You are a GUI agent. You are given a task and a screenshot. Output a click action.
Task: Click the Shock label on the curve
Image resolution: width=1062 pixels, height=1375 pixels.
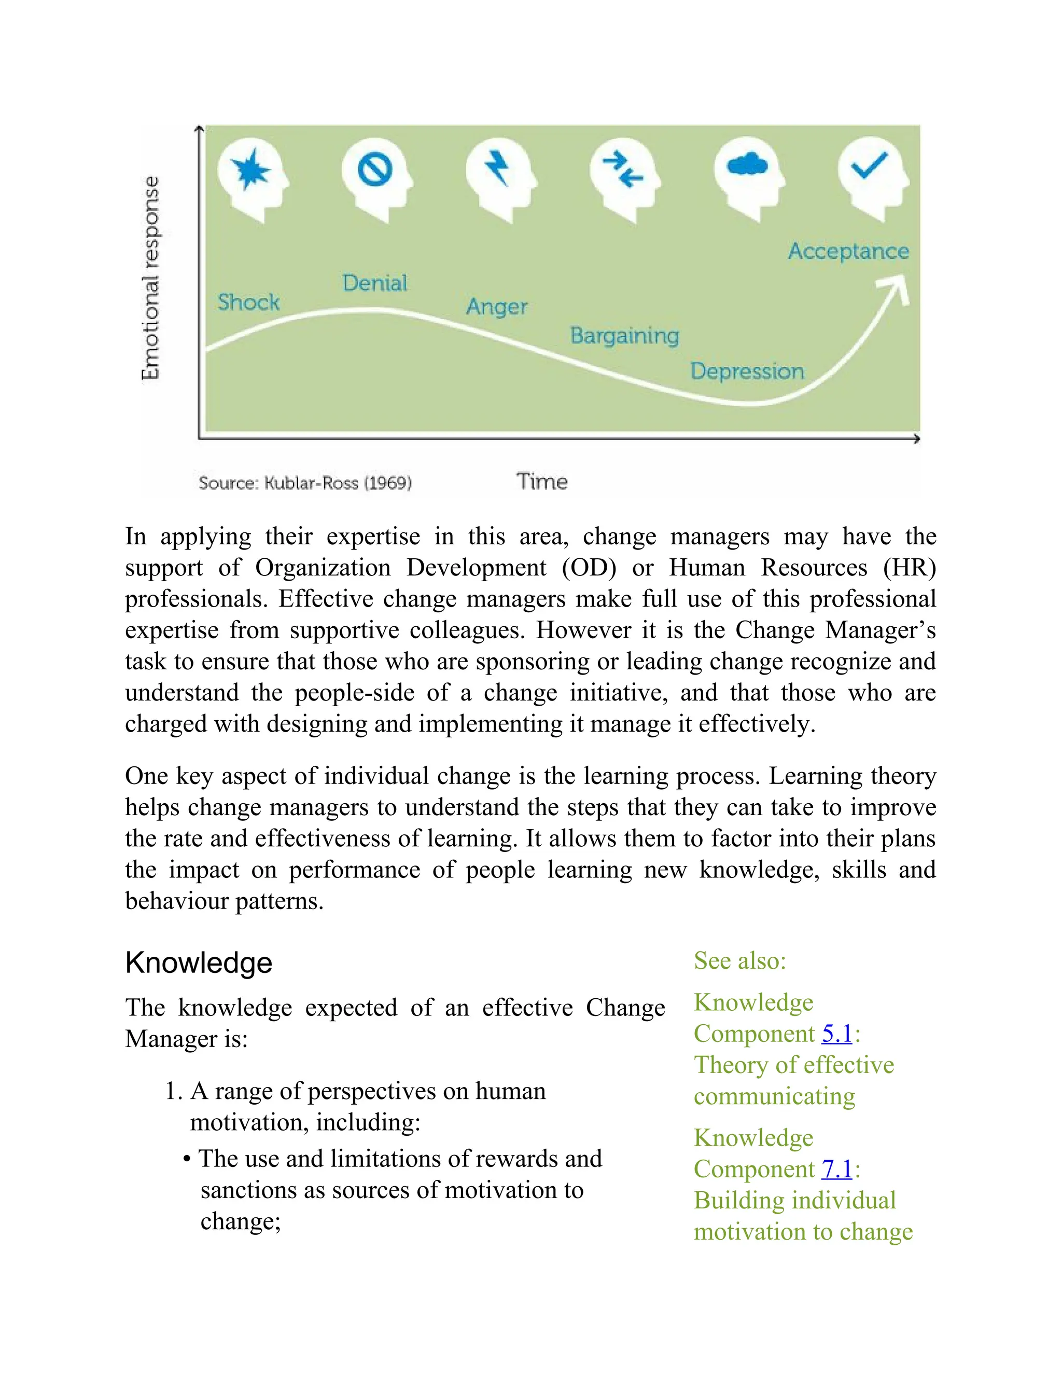tap(248, 302)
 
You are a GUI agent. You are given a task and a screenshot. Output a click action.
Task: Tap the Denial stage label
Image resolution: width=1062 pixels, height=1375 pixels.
tap(374, 283)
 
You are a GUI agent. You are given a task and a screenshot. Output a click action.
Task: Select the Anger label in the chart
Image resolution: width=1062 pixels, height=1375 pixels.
tap(496, 307)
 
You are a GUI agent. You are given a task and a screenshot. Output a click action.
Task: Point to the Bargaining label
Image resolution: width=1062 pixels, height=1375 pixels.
tap(624, 336)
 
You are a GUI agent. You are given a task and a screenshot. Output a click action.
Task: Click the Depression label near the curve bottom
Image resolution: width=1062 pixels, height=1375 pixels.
tap(747, 371)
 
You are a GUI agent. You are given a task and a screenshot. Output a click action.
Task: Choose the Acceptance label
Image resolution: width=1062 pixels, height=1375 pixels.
tap(848, 251)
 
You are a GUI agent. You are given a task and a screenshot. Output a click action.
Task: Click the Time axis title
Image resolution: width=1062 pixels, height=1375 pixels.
tap(542, 482)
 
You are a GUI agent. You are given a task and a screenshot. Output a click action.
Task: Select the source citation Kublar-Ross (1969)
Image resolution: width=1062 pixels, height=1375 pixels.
tap(305, 483)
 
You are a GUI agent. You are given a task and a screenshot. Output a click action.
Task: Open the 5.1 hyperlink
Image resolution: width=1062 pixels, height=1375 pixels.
tap(836, 1033)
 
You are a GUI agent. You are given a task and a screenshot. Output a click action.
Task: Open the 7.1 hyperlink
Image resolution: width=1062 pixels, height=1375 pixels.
tap(836, 1168)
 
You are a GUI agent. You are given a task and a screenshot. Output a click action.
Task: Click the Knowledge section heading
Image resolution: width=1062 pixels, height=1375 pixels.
tap(198, 962)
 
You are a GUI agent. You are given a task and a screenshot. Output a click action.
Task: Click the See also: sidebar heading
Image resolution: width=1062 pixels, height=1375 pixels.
tap(740, 961)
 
